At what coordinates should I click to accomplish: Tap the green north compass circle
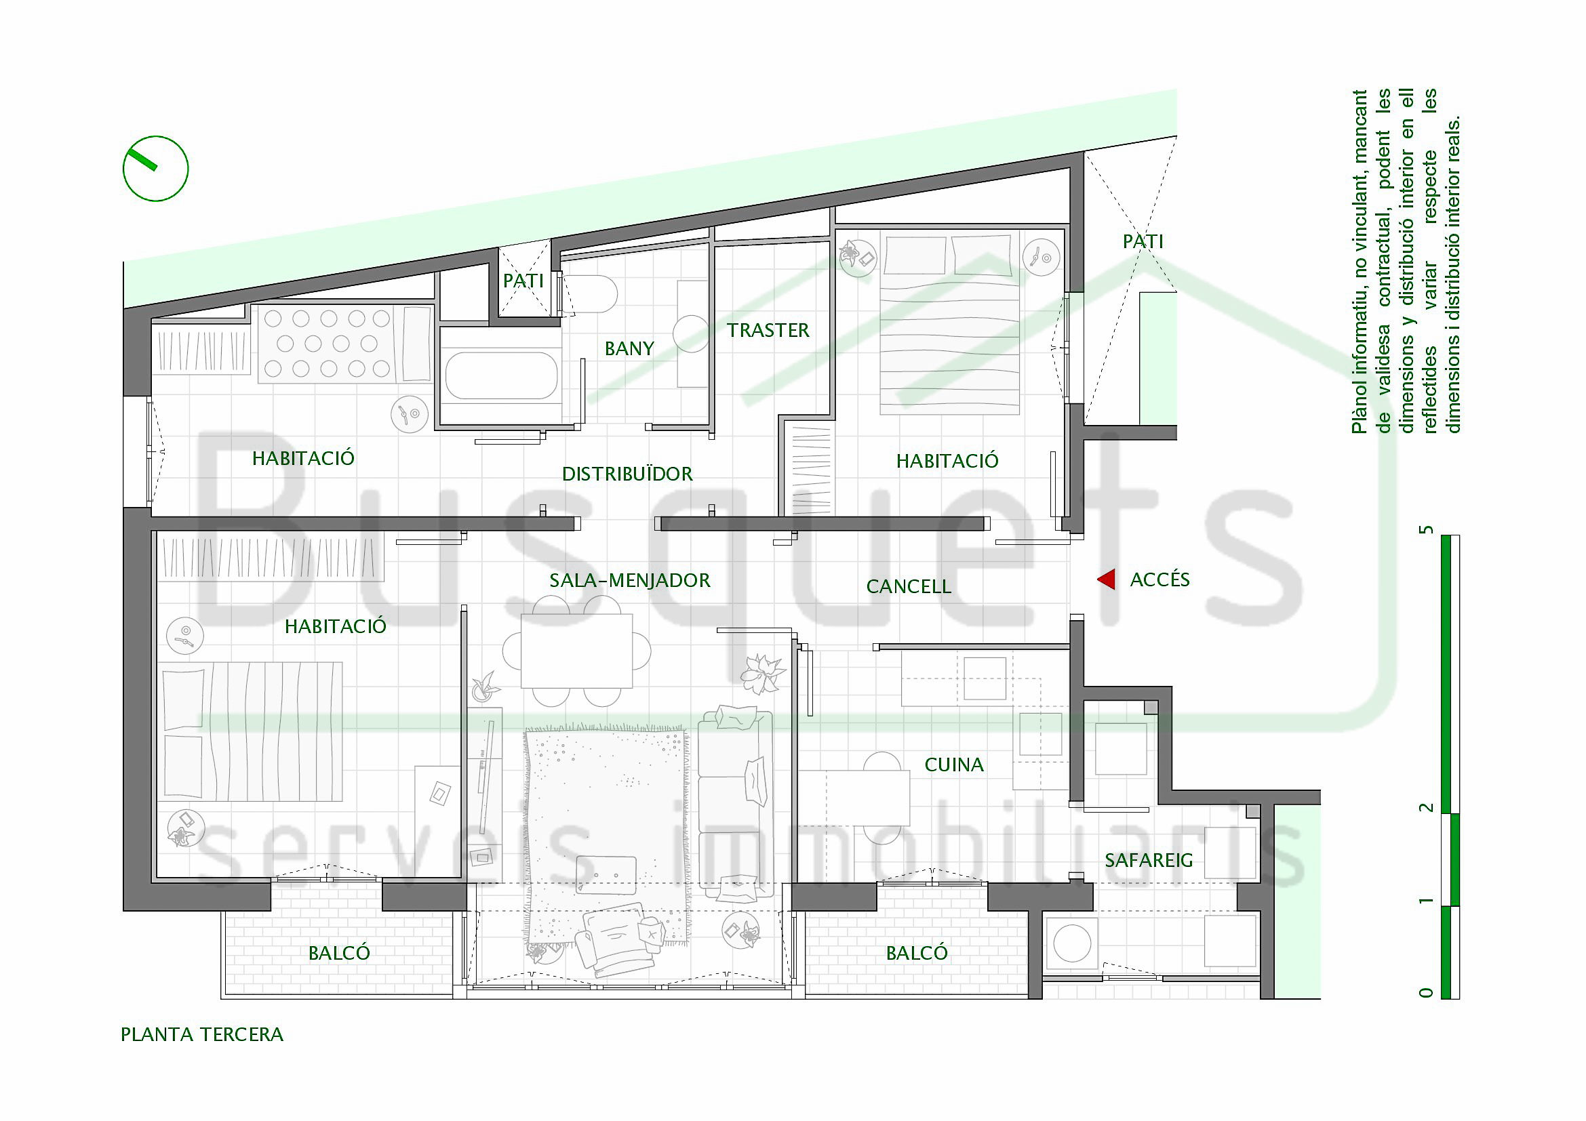coord(155,138)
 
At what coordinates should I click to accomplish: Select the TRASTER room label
coord(768,331)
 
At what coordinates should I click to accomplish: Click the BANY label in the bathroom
coord(629,348)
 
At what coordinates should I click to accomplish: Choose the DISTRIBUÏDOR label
coord(627,474)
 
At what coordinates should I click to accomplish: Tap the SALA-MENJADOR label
coord(630,581)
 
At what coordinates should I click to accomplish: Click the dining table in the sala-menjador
coord(577,651)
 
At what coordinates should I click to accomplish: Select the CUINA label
coord(954,765)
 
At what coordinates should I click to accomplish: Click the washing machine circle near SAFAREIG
coord(1072,943)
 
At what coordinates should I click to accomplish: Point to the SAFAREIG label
coord(1149,860)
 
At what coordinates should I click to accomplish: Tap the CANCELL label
coord(909,587)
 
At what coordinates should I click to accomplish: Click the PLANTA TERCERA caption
coord(201,1035)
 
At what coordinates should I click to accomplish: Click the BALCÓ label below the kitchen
coord(917,954)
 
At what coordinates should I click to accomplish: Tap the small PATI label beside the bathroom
coord(523,281)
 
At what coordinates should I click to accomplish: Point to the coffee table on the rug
coord(606,874)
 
